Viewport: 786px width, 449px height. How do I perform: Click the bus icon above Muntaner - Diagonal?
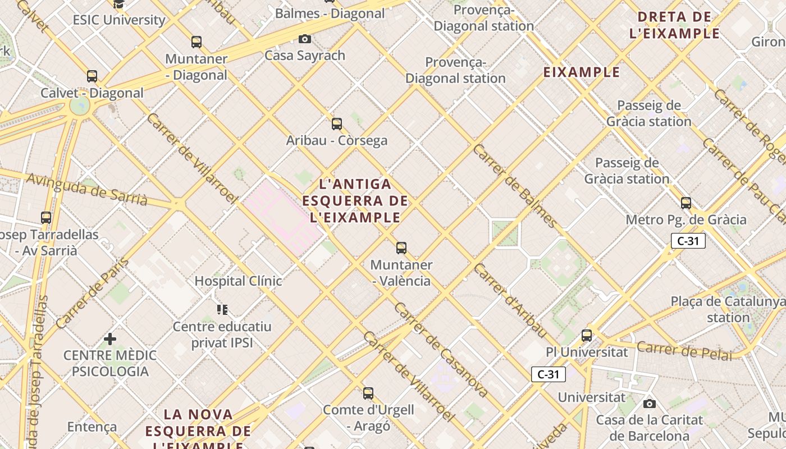[196, 42]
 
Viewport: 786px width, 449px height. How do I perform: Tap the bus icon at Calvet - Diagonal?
[92, 76]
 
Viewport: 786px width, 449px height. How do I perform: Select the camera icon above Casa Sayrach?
[305, 39]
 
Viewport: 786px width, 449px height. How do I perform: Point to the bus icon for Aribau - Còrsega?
[337, 123]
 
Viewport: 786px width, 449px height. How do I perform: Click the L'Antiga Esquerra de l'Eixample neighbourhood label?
[355, 200]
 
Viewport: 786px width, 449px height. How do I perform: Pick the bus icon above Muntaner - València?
[401, 248]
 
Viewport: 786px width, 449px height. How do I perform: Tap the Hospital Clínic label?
[238, 281]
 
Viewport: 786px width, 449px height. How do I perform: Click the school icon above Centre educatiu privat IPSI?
[222, 309]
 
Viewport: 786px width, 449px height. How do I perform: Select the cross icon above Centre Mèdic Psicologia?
[110, 338]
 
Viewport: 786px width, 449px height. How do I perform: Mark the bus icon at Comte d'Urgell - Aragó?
[368, 393]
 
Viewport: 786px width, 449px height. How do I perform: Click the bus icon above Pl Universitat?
[587, 335]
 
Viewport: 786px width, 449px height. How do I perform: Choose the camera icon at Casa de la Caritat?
[650, 404]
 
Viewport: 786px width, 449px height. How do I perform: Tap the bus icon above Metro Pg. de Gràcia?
[686, 203]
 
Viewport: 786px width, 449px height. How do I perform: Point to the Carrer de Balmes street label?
[515, 186]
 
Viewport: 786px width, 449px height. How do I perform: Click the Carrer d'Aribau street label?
[510, 300]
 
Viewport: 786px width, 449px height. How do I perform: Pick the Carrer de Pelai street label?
[684, 350]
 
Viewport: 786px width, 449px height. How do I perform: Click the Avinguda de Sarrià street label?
[87, 189]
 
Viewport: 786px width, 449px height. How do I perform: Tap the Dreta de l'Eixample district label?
[675, 25]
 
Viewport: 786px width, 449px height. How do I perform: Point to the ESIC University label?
[119, 20]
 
